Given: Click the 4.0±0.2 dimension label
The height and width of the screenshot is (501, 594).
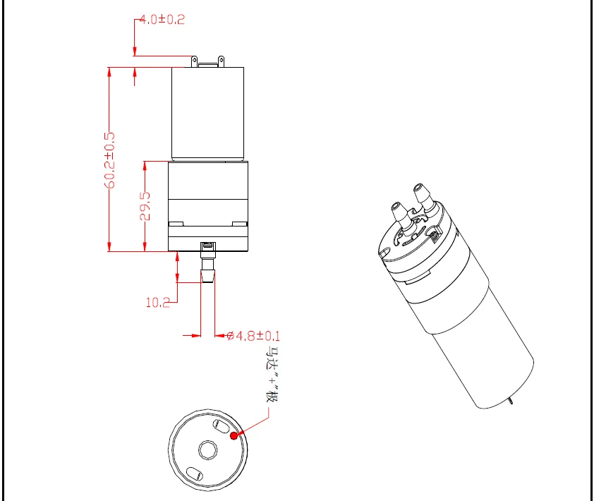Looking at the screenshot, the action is coord(162,19).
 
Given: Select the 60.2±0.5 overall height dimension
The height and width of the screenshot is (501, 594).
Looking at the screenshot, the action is coord(110,160).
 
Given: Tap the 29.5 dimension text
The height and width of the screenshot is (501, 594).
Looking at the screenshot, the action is coord(145,206).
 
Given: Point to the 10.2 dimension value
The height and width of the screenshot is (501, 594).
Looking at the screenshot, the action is coord(157,303).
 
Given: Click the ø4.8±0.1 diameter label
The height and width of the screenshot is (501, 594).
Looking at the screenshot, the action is coord(253,336).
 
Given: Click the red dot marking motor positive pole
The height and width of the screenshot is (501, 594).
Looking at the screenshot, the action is coord(234,436).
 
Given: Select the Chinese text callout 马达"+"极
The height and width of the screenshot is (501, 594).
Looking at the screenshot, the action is coord(271,375).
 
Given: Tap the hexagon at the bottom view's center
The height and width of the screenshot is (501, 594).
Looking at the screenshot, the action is coord(208,450).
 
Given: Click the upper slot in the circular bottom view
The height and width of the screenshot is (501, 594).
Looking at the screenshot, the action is coord(222,426).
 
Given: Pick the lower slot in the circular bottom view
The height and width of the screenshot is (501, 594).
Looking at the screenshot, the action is coord(195,474).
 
